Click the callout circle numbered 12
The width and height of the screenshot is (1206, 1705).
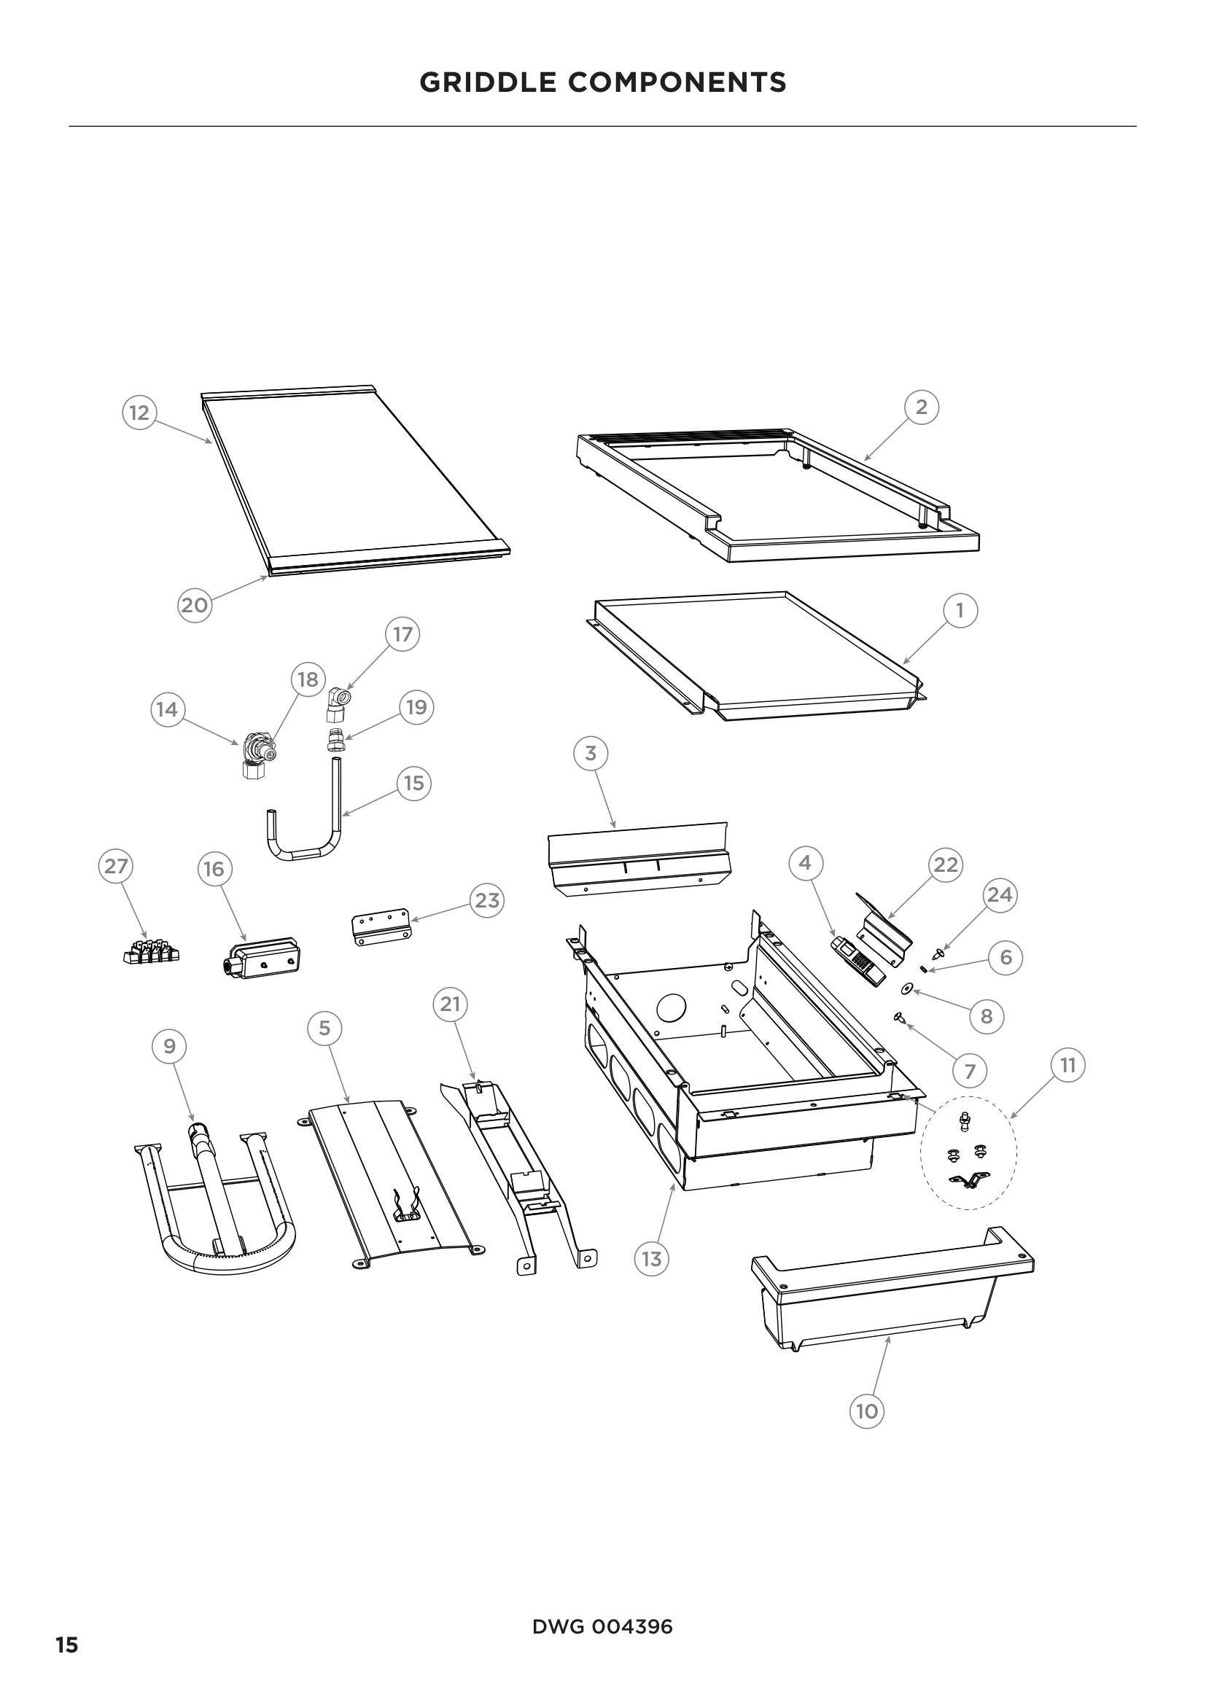coord(139,412)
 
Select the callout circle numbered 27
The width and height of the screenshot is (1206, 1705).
coord(116,866)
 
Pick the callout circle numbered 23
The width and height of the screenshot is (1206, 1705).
coord(487,900)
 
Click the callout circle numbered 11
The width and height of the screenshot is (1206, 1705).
coord(1068,1066)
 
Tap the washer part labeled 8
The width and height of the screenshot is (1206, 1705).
coord(906,989)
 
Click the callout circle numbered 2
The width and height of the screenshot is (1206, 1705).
coord(922,407)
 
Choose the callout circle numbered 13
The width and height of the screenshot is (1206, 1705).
coord(651,1258)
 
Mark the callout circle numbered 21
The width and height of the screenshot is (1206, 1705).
coord(450,1004)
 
